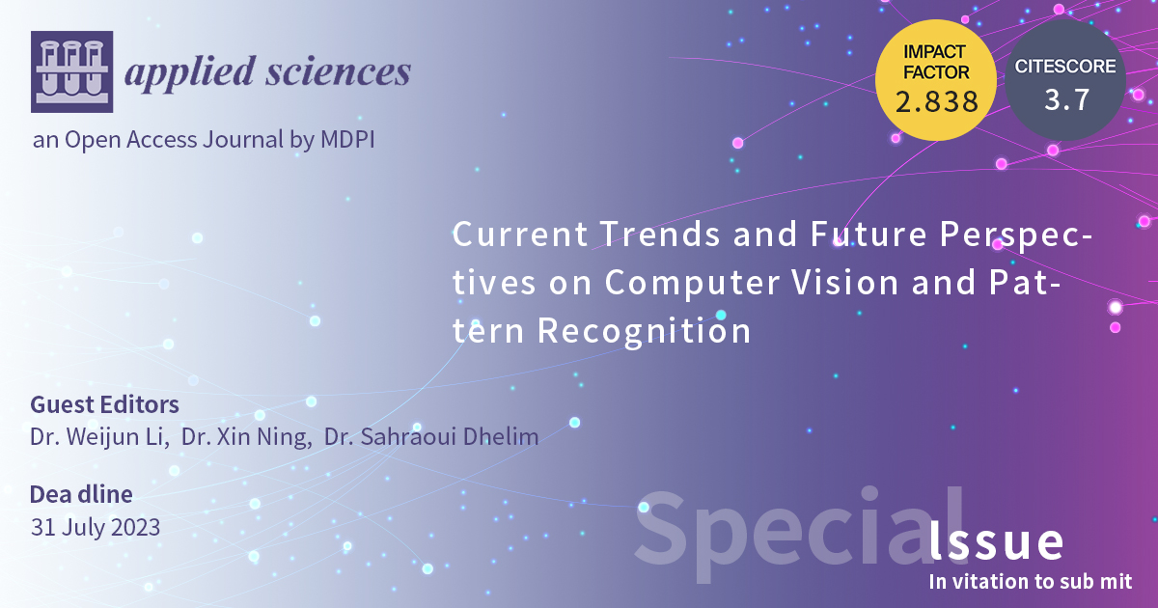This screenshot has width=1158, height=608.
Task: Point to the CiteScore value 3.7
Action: click(1064, 99)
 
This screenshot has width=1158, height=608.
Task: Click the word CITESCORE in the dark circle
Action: click(1065, 67)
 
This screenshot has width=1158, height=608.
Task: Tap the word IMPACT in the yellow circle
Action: click(935, 50)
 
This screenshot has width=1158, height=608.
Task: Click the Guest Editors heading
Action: click(104, 404)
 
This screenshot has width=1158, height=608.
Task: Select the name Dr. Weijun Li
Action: click(99, 437)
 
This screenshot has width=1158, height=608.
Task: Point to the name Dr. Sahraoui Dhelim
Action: click(431, 437)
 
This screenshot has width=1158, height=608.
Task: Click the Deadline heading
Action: click(81, 495)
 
